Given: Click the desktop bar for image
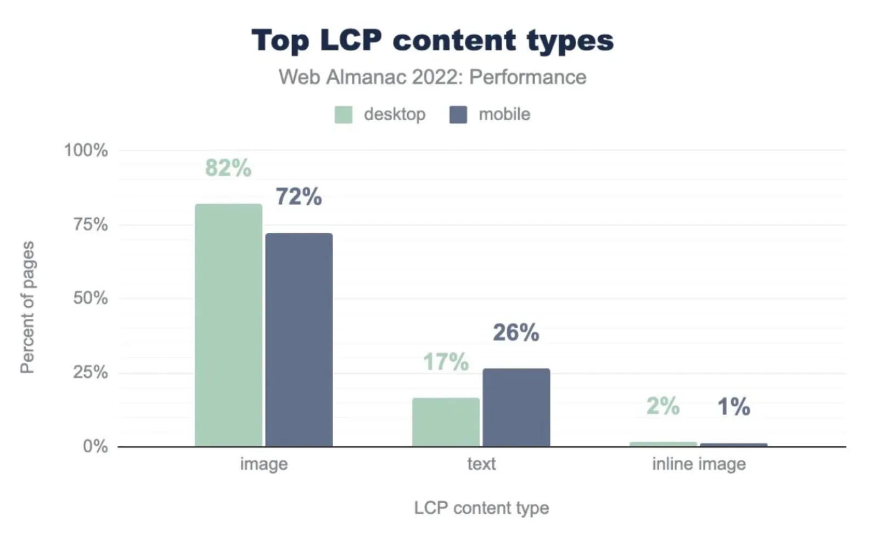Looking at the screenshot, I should pyautogui.click(x=228, y=325).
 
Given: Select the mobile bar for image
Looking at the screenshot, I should pyautogui.click(x=299, y=340).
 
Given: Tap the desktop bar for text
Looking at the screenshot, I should pyautogui.click(x=446, y=422).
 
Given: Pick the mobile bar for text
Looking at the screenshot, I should pyautogui.click(x=516, y=407).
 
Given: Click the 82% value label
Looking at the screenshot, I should pyautogui.click(x=228, y=168).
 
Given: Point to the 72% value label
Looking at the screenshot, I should pyautogui.click(x=299, y=196).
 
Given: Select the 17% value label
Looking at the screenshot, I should pyautogui.click(x=446, y=362).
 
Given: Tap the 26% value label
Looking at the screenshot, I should pyautogui.click(x=516, y=333).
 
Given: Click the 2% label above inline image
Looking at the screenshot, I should pyautogui.click(x=663, y=406).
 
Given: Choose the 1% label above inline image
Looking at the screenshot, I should pyautogui.click(x=734, y=407).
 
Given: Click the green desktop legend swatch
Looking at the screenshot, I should pyautogui.click(x=344, y=115).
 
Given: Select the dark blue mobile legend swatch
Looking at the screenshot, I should pyautogui.click(x=458, y=115).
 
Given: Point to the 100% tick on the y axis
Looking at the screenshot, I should pyautogui.click(x=86, y=150).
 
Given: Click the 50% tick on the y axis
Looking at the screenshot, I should pyautogui.click(x=91, y=299).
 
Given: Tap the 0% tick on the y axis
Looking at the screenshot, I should pyautogui.click(x=95, y=446).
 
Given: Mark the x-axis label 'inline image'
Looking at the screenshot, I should pyautogui.click(x=699, y=464).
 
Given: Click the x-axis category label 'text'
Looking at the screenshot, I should pyautogui.click(x=481, y=464).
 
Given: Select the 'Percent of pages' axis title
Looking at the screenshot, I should pyautogui.click(x=27, y=307).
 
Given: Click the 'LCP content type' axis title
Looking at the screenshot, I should pyautogui.click(x=481, y=508).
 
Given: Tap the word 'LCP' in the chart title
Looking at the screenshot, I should pyautogui.click(x=350, y=41).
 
